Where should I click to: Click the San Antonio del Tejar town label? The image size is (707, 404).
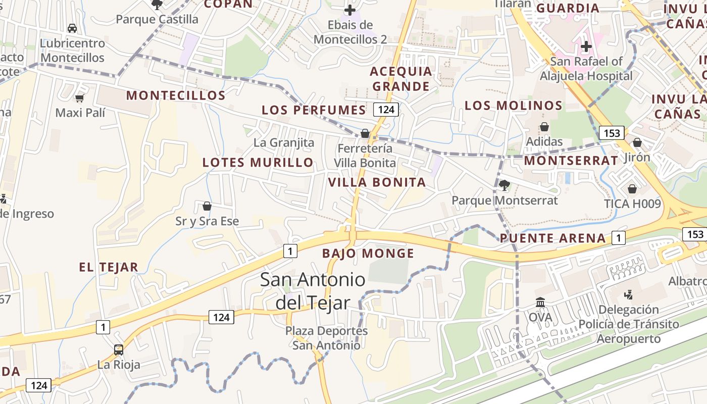[x=313, y=291]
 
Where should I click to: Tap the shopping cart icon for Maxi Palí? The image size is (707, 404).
[x=79, y=98]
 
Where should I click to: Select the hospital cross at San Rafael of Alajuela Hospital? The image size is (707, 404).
[x=586, y=47]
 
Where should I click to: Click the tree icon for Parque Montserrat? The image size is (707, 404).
[x=504, y=185]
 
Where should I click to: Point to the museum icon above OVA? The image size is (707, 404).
[x=540, y=302]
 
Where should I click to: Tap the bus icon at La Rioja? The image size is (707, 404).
[x=119, y=349]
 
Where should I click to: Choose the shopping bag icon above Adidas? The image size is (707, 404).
[x=544, y=127]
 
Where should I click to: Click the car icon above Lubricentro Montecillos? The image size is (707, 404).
[x=72, y=28]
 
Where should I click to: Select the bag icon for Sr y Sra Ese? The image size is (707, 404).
[x=207, y=206]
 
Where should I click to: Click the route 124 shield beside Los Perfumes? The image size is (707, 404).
[x=386, y=110]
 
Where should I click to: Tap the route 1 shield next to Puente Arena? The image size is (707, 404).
[x=618, y=237]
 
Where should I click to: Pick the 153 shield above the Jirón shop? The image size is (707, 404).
[x=611, y=133]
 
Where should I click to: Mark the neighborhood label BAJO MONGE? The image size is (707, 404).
[x=368, y=254]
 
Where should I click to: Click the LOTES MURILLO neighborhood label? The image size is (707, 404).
[x=258, y=163]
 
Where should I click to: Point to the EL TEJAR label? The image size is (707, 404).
[x=109, y=268]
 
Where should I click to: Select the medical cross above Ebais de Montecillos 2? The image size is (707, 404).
[x=349, y=10]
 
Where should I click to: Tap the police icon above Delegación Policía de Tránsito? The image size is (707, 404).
[x=628, y=294]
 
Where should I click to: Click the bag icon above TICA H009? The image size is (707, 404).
[x=632, y=189]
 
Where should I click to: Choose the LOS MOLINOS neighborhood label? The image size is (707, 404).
[x=513, y=106]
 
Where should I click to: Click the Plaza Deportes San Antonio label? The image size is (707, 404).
[x=326, y=338]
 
